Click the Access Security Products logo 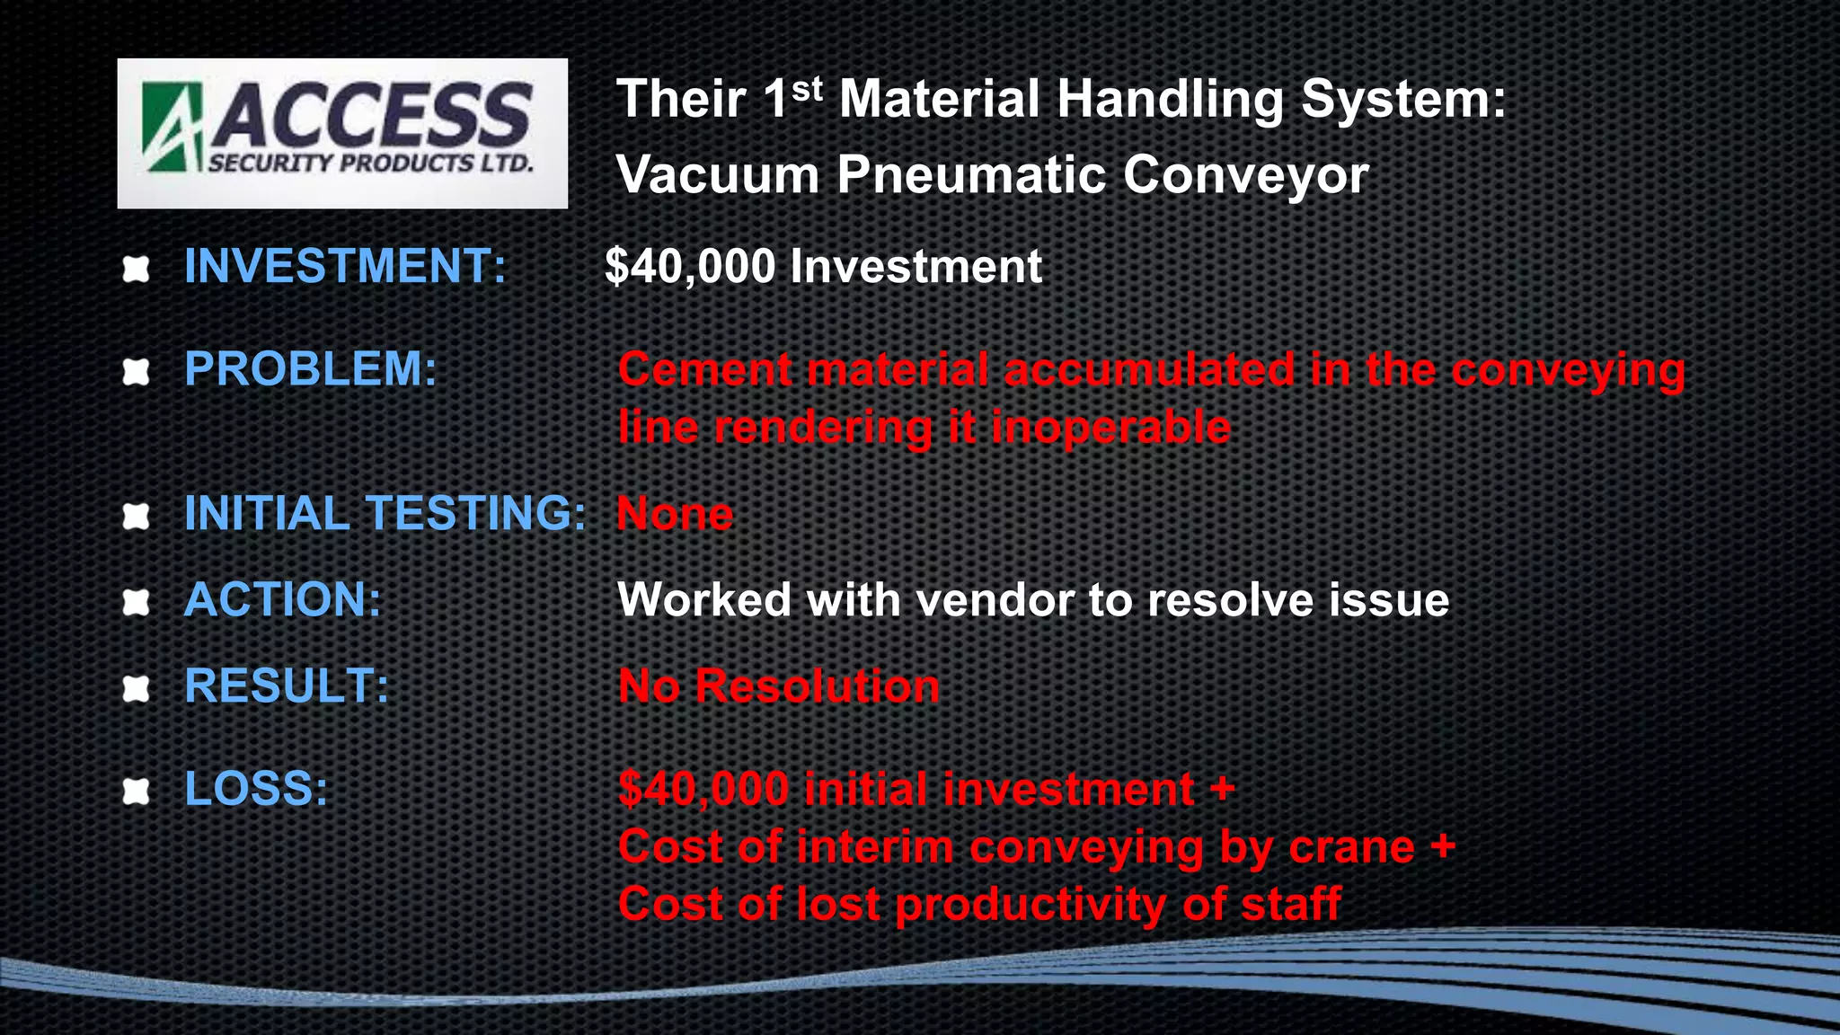click(x=342, y=133)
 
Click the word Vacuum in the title click(x=717, y=174)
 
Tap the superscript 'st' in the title click(x=807, y=88)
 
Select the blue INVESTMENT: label click(x=345, y=267)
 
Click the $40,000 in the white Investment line click(x=689, y=267)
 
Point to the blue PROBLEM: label click(x=310, y=369)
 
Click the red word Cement click(x=704, y=370)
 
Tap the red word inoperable click(x=1110, y=428)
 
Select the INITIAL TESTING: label click(x=385, y=514)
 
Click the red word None click(x=675, y=515)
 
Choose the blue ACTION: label click(x=282, y=599)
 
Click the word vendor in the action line click(x=994, y=600)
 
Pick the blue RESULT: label click(x=286, y=686)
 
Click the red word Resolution click(x=818, y=686)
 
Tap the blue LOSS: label click(x=256, y=789)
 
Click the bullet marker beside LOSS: click(x=136, y=791)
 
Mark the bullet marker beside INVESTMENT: click(x=136, y=269)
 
